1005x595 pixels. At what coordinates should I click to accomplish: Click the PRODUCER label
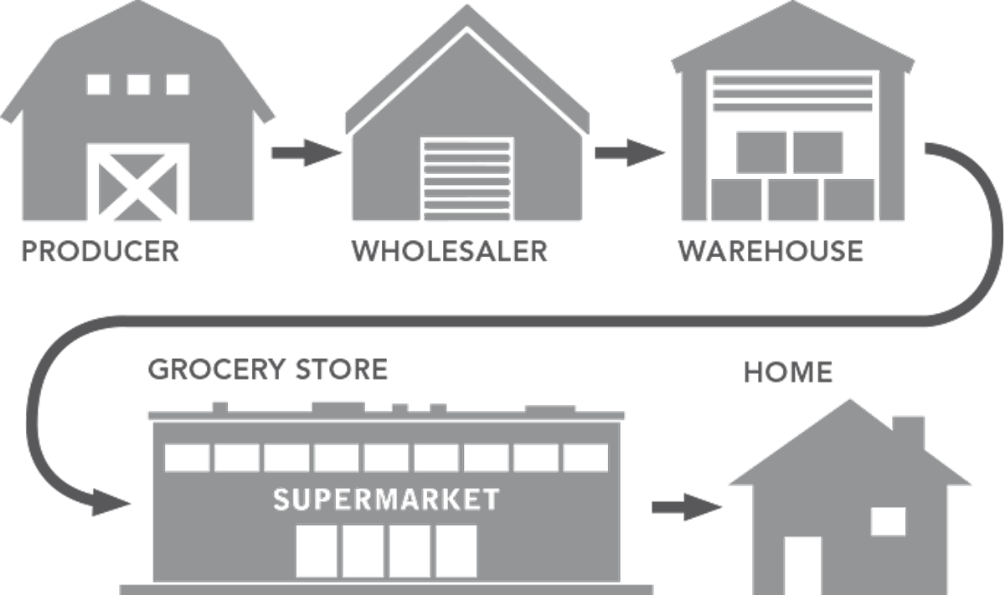(100, 250)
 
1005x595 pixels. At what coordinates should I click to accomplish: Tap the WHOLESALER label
(449, 250)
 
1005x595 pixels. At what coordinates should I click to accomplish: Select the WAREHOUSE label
(770, 250)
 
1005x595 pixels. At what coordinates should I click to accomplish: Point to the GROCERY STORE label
(268, 369)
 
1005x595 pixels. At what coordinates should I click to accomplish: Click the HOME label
(788, 372)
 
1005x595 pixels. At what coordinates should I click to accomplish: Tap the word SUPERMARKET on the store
(386, 500)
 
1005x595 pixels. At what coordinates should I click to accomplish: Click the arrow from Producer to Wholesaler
(306, 153)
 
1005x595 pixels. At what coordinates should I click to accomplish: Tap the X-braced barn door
(138, 183)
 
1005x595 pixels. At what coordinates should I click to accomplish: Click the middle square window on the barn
(138, 84)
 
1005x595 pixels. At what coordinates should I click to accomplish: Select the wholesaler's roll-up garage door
(466, 179)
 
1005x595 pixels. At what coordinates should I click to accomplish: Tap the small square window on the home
(889, 521)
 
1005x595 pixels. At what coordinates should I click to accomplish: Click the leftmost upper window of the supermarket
(186, 458)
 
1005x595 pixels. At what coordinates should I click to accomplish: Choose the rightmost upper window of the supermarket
(586, 458)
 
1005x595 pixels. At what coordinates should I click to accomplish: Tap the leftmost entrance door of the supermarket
(317, 550)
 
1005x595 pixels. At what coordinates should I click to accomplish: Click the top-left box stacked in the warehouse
(760, 152)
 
